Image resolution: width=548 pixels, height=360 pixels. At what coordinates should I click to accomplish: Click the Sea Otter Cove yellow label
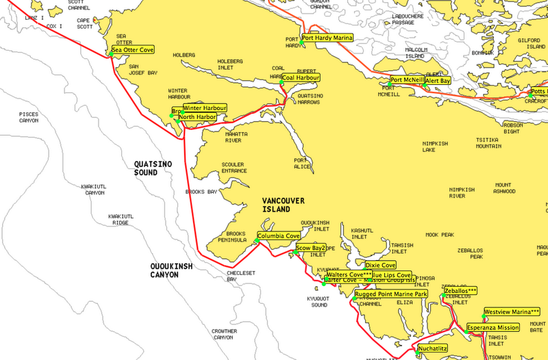coord(133,50)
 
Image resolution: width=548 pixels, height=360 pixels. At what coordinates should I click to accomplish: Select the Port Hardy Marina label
coord(327,38)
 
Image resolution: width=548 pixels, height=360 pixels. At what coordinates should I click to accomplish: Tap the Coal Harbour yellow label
coord(301,78)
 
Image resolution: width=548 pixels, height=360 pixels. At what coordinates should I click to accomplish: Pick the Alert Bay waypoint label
coord(438,81)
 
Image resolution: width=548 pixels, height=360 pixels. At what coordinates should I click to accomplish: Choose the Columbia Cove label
coord(278,236)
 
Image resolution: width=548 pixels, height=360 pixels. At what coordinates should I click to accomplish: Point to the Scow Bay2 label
coord(310,248)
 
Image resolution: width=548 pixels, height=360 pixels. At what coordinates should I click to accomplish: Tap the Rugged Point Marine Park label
coord(390,294)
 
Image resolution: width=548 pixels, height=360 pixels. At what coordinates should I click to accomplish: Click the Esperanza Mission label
coord(493,328)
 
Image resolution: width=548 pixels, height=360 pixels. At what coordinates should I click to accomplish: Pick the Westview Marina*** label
coord(512,312)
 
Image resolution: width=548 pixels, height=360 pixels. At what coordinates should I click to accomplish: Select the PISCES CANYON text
coord(29,117)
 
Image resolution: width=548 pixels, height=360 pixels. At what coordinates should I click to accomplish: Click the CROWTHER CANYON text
coord(224,334)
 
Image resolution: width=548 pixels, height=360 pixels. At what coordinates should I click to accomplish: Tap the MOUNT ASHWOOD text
coord(503,188)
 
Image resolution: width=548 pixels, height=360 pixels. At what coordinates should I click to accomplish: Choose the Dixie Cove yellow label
coord(380,265)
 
